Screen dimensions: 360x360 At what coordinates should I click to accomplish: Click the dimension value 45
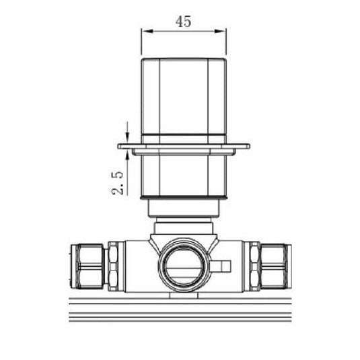(183, 21)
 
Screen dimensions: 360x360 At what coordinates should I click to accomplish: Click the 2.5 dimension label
(118, 182)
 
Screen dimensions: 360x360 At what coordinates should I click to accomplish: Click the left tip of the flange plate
(120, 145)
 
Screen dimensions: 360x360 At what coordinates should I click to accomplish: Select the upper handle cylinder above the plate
(183, 98)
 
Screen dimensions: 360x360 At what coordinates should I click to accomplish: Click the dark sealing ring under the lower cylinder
(183, 199)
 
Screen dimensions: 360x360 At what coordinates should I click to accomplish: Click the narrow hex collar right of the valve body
(254, 264)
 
